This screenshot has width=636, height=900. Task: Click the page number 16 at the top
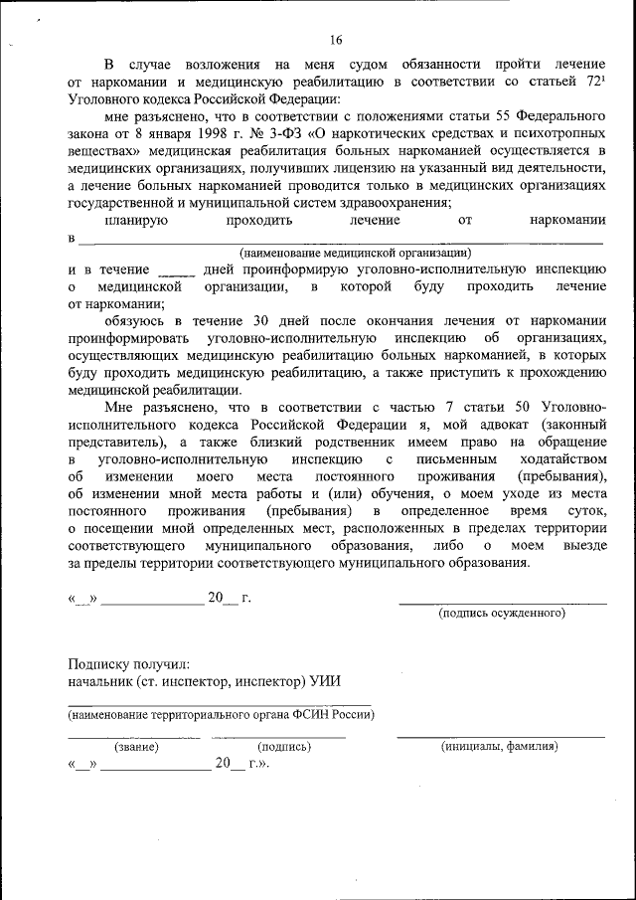point(334,40)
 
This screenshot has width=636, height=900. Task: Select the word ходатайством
point(562,459)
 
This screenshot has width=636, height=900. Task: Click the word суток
point(586,511)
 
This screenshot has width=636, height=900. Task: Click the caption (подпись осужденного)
point(502,614)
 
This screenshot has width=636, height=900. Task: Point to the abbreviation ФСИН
point(305,714)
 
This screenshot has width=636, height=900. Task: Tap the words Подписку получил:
point(128,663)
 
